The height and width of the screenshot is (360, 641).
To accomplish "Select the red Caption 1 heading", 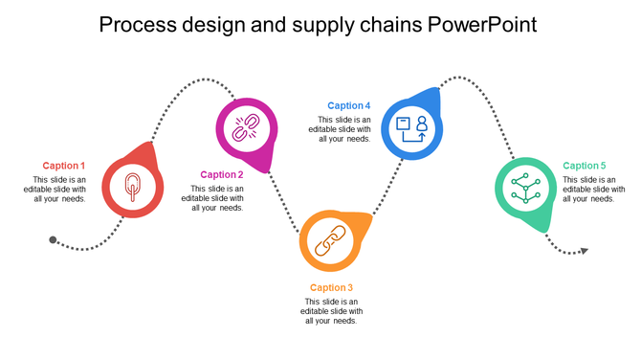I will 63,166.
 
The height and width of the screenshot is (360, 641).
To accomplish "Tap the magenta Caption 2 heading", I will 222,174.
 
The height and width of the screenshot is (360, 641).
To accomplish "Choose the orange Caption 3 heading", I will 331,287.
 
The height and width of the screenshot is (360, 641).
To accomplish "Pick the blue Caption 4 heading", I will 348,106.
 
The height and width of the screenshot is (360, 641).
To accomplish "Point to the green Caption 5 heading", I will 585,166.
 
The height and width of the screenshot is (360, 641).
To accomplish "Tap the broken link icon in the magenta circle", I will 247,127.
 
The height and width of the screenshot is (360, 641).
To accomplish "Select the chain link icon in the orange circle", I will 330,240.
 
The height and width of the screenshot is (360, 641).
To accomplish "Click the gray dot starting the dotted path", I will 54,239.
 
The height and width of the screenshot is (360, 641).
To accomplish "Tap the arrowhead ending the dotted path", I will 584,251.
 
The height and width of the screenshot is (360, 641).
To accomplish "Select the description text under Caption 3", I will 331,311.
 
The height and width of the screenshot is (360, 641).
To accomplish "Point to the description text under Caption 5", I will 594,190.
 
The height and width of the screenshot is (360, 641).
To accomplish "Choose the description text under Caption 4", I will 339,129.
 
